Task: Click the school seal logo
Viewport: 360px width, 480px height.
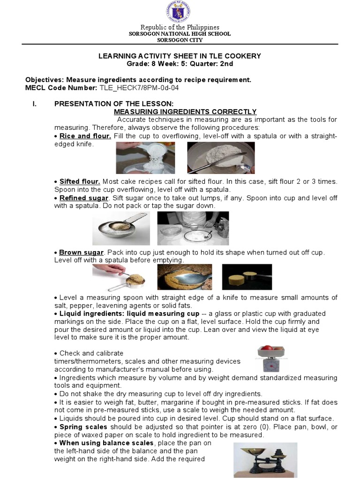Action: (x=179, y=12)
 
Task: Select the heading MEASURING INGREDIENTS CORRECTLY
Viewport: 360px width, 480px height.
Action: (x=185, y=112)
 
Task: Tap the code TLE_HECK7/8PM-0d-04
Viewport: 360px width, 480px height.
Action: (x=139, y=88)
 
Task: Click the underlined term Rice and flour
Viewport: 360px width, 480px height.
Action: (x=85, y=136)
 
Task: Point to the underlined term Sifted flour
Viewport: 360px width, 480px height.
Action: (x=80, y=181)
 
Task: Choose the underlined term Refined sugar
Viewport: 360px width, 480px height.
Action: (x=84, y=198)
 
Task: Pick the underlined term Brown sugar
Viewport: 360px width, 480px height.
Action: (x=82, y=253)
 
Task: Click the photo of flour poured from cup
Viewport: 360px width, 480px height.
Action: (x=145, y=157)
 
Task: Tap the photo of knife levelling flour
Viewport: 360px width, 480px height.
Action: (x=221, y=157)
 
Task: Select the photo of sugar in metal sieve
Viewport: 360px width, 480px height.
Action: (x=121, y=228)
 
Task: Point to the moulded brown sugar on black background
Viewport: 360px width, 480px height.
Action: (x=247, y=277)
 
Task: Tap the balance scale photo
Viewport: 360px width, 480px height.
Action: (x=265, y=460)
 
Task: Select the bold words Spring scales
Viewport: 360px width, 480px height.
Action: (x=83, y=427)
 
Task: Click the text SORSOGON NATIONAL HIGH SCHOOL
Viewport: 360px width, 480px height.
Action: (x=180, y=34)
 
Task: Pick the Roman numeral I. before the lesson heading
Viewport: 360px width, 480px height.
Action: (x=35, y=104)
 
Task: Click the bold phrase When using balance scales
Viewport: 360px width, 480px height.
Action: (x=106, y=443)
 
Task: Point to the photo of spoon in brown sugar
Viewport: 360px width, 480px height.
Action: (x=185, y=277)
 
